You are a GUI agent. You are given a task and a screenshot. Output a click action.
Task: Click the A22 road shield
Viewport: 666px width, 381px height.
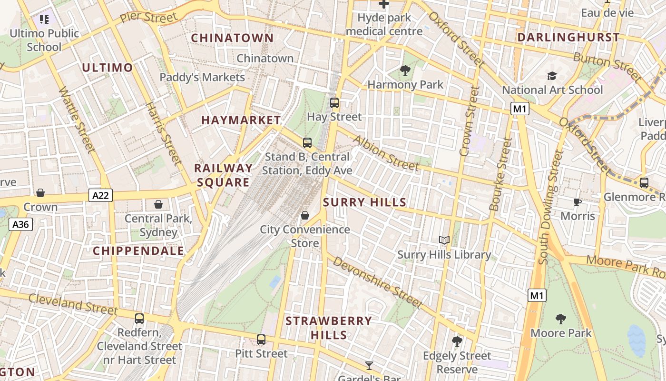tap(100, 195)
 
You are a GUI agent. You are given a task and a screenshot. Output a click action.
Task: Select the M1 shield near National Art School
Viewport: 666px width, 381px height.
tap(520, 109)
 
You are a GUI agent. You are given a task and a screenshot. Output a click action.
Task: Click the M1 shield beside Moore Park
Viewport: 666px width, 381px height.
tap(537, 296)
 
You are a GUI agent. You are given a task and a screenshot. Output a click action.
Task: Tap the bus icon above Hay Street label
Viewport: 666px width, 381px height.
tap(334, 103)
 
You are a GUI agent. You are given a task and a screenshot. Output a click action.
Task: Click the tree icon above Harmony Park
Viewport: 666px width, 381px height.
tap(405, 71)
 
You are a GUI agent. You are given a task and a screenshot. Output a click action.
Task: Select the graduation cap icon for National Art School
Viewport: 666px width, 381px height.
tap(552, 76)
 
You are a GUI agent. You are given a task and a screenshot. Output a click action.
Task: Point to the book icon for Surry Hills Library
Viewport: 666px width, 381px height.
tap(444, 241)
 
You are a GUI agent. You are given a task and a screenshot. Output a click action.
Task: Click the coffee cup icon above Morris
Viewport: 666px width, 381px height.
tap(578, 202)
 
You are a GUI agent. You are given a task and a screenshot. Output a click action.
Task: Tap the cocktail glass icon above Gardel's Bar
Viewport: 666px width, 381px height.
tap(369, 366)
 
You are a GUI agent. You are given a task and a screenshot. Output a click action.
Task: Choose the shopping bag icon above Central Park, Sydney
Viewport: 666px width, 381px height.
tap(158, 205)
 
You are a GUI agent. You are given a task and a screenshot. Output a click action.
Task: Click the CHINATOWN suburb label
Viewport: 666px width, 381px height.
tap(232, 38)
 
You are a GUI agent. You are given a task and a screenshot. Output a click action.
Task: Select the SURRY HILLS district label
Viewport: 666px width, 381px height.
tap(364, 202)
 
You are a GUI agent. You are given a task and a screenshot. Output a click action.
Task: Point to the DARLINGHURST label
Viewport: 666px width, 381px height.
tap(568, 37)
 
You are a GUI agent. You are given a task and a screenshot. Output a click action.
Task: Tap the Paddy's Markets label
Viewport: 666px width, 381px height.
tap(202, 77)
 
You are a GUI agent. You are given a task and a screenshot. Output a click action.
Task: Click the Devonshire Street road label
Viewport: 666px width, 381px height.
tap(377, 282)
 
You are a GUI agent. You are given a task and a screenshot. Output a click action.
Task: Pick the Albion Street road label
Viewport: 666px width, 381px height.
tap(386, 153)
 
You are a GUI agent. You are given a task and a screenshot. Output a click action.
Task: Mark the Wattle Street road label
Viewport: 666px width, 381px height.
tap(77, 120)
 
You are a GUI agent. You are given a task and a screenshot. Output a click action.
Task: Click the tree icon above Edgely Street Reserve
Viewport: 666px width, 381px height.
tap(457, 341)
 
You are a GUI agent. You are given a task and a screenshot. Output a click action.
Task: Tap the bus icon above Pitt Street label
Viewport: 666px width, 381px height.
tap(261, 340)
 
